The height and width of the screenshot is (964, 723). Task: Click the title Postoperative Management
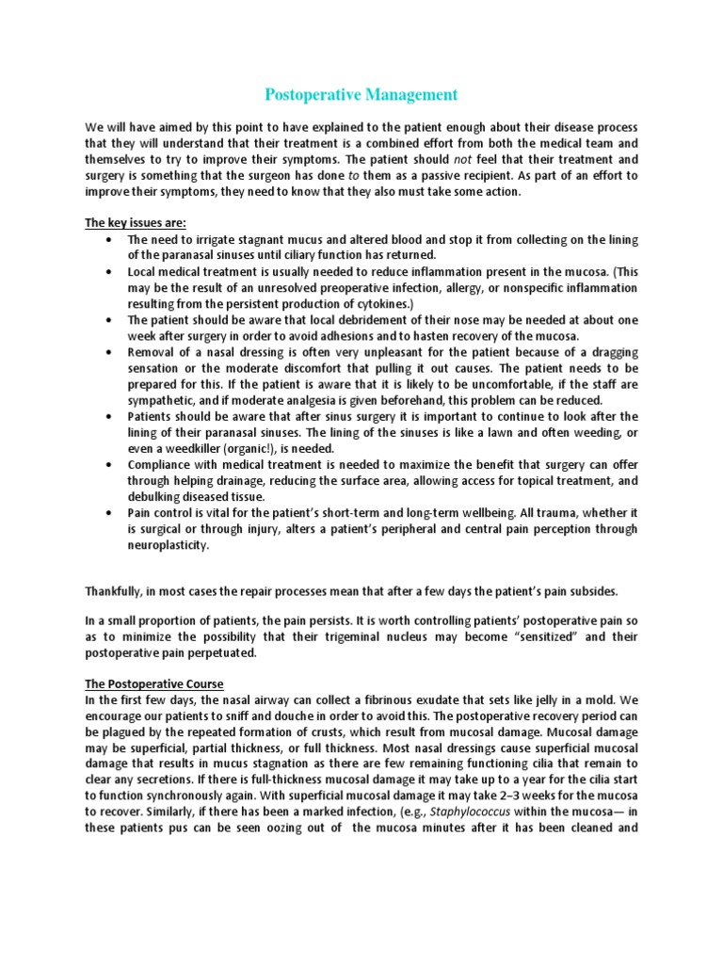tap(361, 94)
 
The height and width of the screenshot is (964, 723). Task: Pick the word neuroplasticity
tap(169, 544)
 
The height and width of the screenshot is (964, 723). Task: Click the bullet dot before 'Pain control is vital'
tap(112, 512)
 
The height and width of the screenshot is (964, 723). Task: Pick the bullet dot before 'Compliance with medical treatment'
tap(112, 465)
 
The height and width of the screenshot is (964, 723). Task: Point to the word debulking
tap(157, 496)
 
